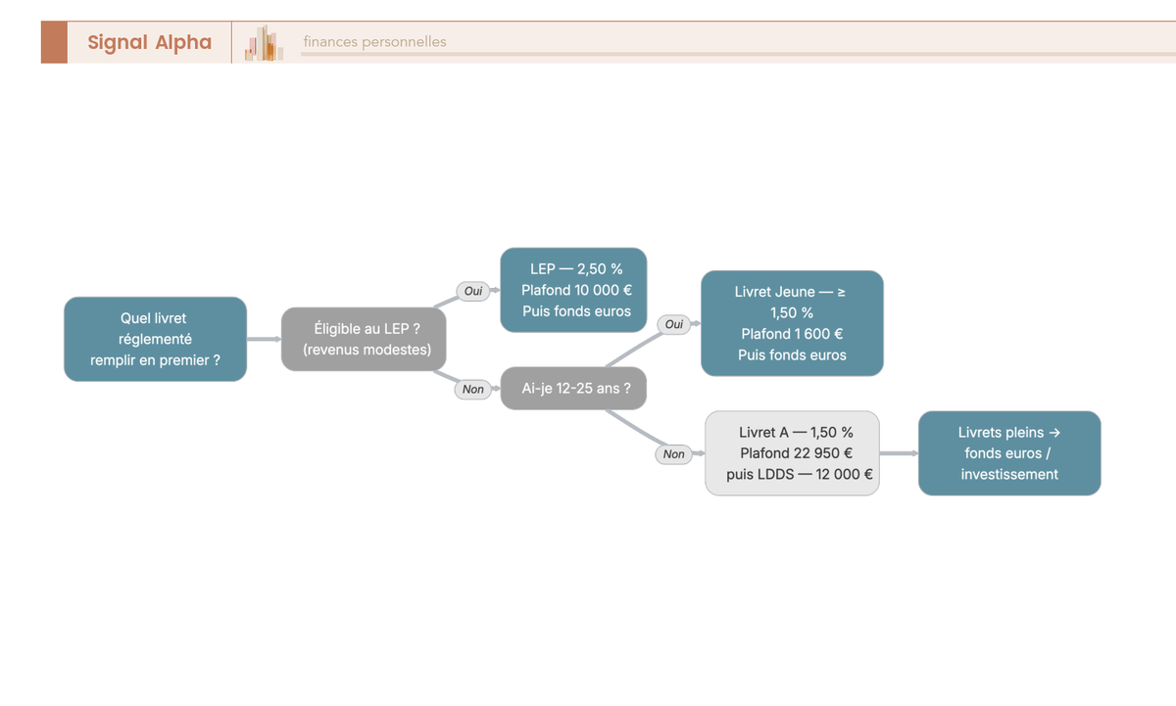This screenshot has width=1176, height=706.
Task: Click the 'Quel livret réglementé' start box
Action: coord(156,339)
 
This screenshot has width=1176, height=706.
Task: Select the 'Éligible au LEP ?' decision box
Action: coord(364,339)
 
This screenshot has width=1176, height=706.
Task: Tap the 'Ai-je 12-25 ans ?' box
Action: coord(573,388)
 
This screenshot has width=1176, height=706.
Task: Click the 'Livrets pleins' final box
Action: coord(1009,453)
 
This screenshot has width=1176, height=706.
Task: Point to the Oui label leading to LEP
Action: coord(473,291)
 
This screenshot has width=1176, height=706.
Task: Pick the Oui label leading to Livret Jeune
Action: coord(673,324)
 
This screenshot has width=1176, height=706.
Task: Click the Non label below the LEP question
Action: coord(473,389)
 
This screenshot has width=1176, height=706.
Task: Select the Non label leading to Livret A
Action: coord(673,454)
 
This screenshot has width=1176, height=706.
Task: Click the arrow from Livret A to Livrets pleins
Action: coord(899,453)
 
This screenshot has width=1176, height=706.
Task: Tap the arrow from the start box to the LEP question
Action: coord(264,339)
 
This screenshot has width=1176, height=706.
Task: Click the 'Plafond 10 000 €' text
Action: coord(576,290)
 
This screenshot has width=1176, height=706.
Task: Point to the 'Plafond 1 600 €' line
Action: coord(792,334)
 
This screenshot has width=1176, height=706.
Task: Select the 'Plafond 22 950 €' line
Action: coord(796,453)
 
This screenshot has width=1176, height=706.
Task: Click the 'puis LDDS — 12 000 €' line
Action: coord(799,474)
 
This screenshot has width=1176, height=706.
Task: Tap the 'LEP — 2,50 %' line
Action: coord(576,269)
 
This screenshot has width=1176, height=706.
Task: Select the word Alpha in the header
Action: coord(183,42)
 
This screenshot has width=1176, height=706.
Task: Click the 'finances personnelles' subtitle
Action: coord(374,41)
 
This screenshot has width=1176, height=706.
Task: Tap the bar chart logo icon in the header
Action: coord(264,43)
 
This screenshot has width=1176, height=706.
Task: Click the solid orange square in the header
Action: coord(54,42)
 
